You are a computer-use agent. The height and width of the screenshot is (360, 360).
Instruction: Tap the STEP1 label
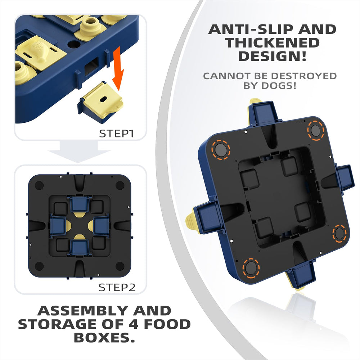pyautogui.click(x=116, y=134)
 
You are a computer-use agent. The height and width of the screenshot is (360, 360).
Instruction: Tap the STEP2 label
pyautogui.click(x=117, y=287)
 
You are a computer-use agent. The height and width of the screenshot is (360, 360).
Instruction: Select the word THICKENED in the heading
pyautogui.click(x=272, y=43)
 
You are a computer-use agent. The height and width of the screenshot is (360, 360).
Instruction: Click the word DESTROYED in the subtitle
pyautogui.click(x=304, y=76)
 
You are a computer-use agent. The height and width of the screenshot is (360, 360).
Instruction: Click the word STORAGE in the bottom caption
pyautogui.click(x=59, y=324)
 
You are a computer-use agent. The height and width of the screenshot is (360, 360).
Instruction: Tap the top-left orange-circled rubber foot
pyautogui.click(x=221, y=149)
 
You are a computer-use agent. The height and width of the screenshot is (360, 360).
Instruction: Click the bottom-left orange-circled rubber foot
pyautogui.click(x=251, y=268)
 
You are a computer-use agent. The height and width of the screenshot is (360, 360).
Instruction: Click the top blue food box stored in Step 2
pyautogui.click(x=79, y=204)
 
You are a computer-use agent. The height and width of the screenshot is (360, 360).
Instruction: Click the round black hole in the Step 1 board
pyautogui.click(x=73, y=44)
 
